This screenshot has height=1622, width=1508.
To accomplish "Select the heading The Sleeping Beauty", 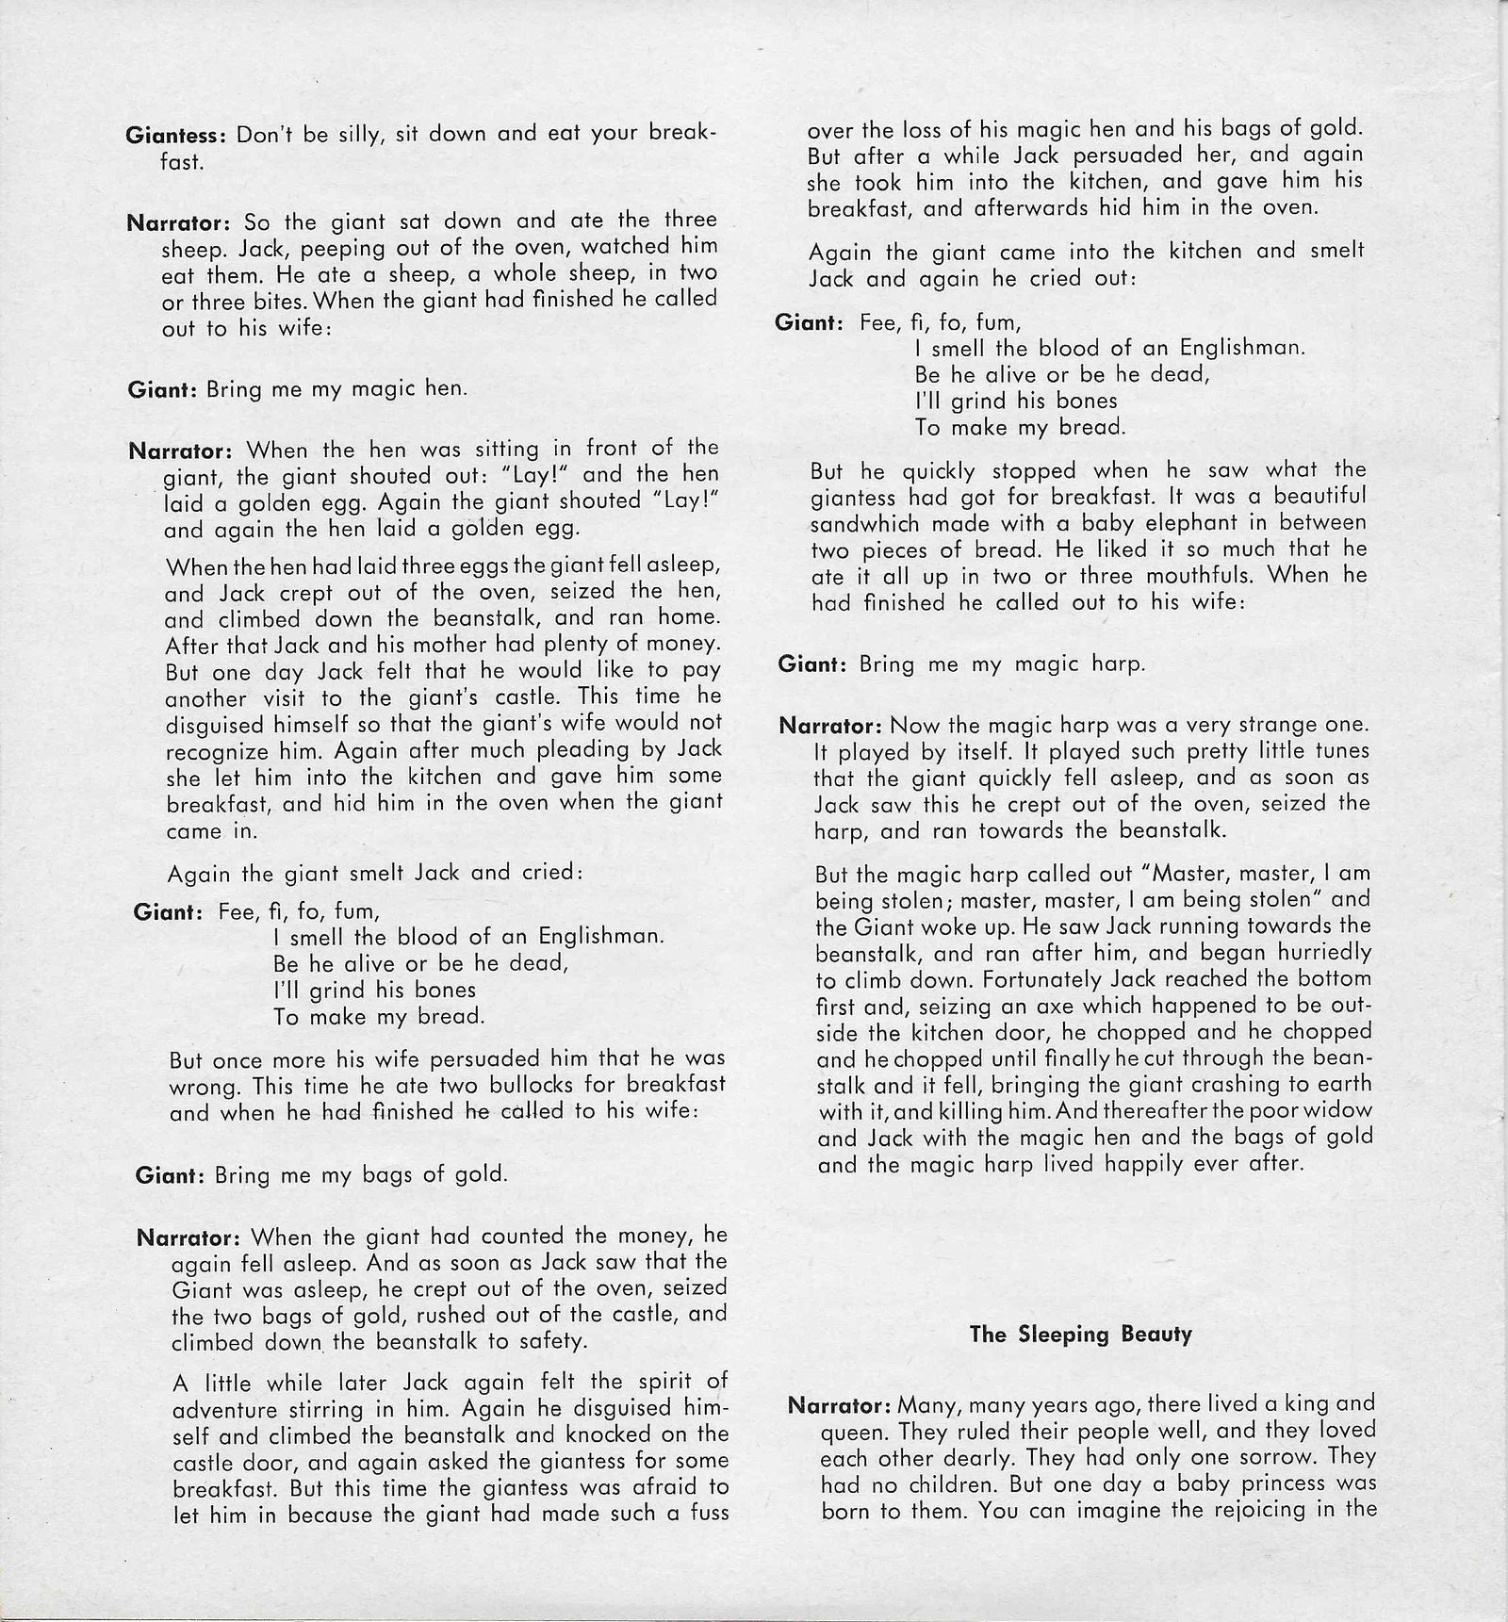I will pyautogui.click(x=1080, y=1334).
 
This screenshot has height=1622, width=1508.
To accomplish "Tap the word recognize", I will pyautogui.click(x=215, y=752).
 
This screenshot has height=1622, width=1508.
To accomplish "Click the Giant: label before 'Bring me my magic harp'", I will pyautogui.click(x=811, y=664).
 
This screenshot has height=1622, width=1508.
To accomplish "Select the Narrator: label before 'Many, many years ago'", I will pyautogui.click(x=838, y=1404).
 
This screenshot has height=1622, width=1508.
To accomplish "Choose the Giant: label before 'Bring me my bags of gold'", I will pyautogui.click(x=170, y=1176).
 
